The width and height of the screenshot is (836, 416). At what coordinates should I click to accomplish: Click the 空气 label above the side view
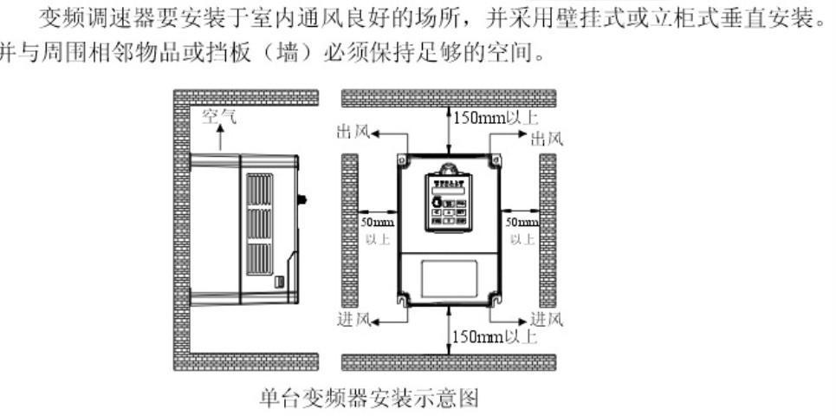[x=217, y=116]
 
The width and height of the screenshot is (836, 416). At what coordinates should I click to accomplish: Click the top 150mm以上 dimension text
[x=486, y=116]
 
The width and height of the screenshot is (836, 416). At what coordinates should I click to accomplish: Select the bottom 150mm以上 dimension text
[x=486, y=336]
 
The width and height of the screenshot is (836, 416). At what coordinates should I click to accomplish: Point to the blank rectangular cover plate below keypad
[x=448, y=281]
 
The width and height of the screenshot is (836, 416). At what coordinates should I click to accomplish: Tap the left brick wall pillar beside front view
[x=350, y=229]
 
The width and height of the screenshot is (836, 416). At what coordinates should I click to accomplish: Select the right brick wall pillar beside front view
[x=548, y=229]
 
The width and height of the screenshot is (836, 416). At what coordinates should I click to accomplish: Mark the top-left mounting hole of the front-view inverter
[x=403, y=160]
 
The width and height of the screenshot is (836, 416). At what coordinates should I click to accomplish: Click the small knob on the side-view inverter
[x=304, y=199]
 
